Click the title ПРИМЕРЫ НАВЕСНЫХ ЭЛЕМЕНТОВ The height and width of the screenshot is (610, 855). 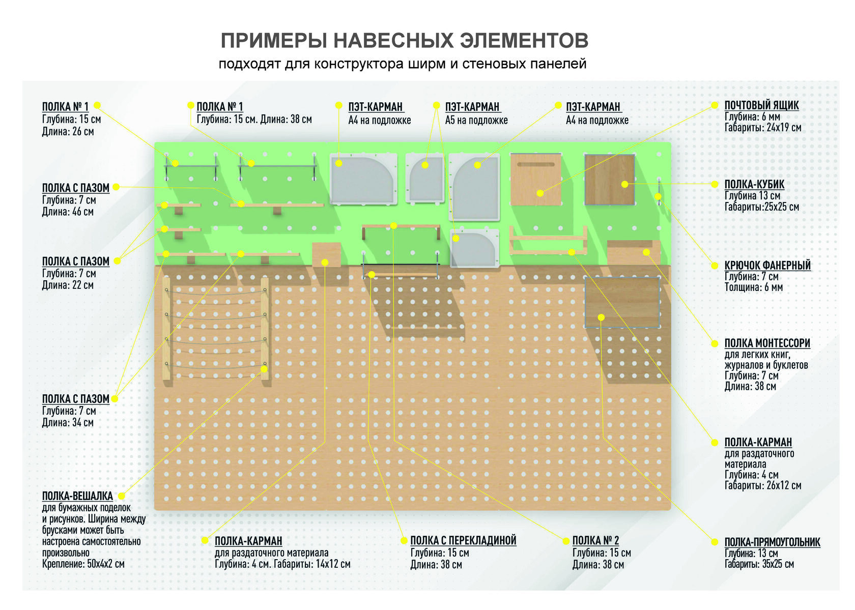point(405,41)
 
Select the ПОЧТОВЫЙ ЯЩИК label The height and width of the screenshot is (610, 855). point(761,105)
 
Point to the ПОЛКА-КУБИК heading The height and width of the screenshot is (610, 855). point(754,184)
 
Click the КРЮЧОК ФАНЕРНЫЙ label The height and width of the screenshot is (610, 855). point(767,265)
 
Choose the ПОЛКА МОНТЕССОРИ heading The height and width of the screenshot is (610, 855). point(767,343)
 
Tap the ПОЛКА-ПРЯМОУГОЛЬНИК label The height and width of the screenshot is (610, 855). point(772,542)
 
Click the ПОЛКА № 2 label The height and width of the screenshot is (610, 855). point(595,540)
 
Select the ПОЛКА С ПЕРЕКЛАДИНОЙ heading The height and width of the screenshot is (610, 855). point(463,540)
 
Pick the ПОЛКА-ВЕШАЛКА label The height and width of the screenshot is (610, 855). point(77,496)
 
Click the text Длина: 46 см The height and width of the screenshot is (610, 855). point(68,212)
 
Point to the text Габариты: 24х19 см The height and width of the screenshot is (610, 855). point(762,128)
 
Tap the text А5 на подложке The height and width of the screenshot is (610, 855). point(476,120)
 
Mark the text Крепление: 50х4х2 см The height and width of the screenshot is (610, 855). point(83,564)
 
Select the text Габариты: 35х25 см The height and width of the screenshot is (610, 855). point(759,564)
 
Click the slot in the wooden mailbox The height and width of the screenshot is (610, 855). point(535,164)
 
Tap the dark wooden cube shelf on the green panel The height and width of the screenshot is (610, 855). point(609,179)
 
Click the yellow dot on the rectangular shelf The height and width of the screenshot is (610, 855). point(601,317)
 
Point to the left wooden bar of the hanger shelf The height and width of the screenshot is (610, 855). point(166,328)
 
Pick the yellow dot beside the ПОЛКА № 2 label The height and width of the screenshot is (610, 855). point(565,541)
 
